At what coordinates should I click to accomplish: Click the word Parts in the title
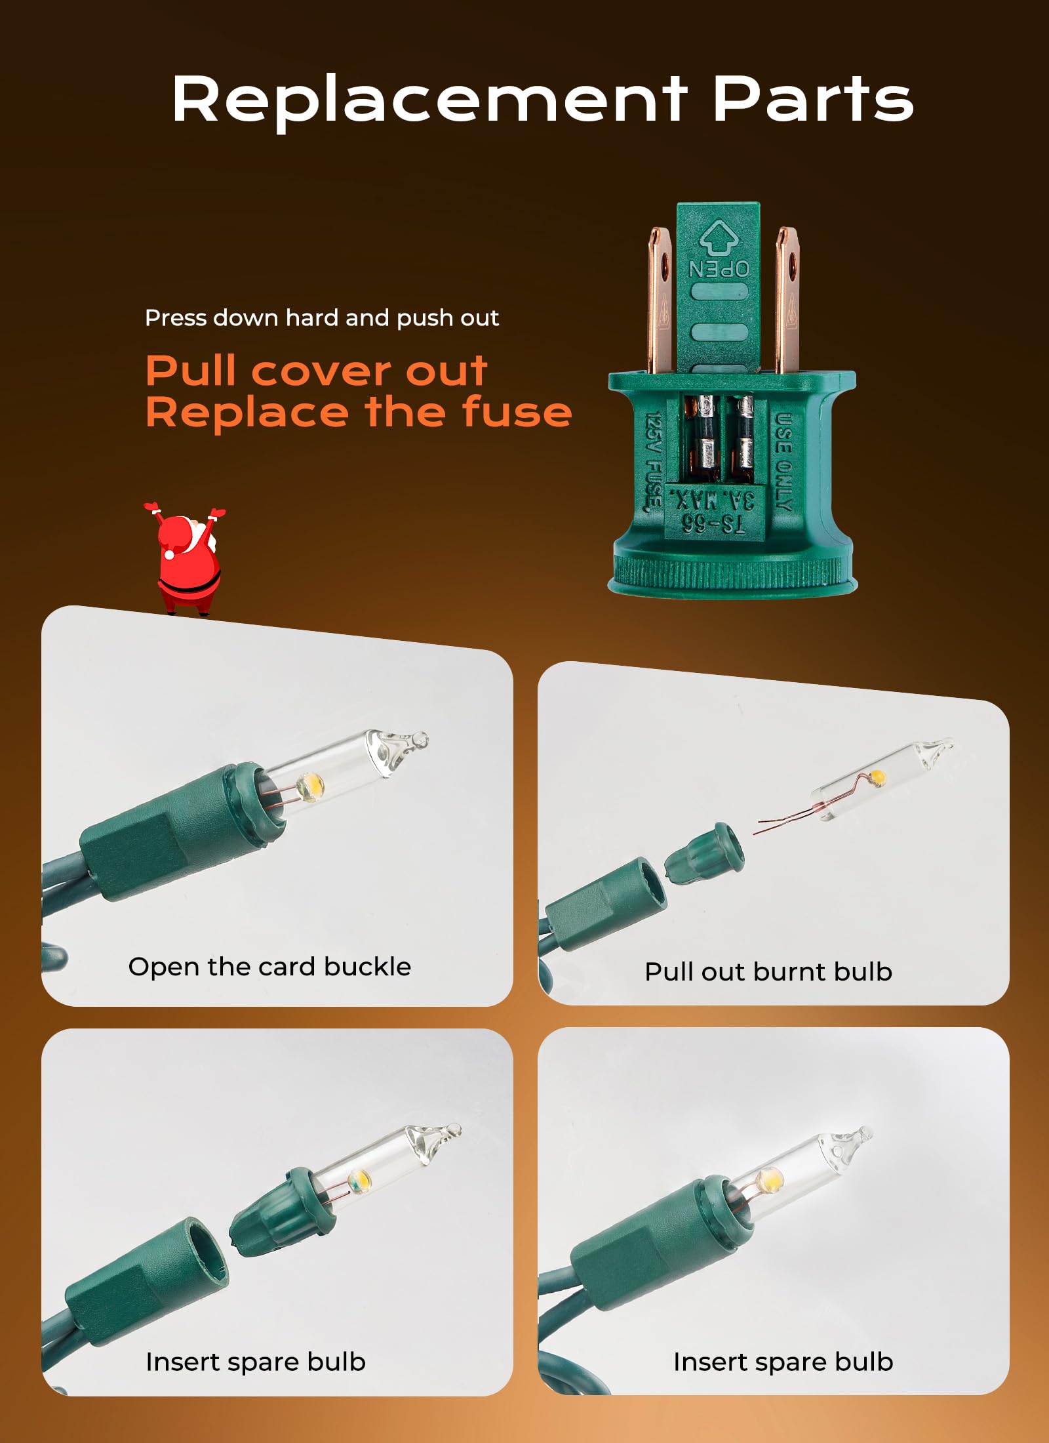point(813,98)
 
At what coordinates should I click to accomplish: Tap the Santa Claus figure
point(184,558)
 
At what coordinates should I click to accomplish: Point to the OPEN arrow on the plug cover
point(719,240)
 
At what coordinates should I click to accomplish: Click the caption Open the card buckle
point(269,967)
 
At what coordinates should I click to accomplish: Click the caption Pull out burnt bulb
point(768,972)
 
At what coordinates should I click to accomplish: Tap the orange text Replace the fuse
point(359,413)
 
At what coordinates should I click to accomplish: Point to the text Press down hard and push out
point(322,318)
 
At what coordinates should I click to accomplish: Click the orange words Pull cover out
point(317,371)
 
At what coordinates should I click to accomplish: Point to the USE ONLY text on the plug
point(783,461)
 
